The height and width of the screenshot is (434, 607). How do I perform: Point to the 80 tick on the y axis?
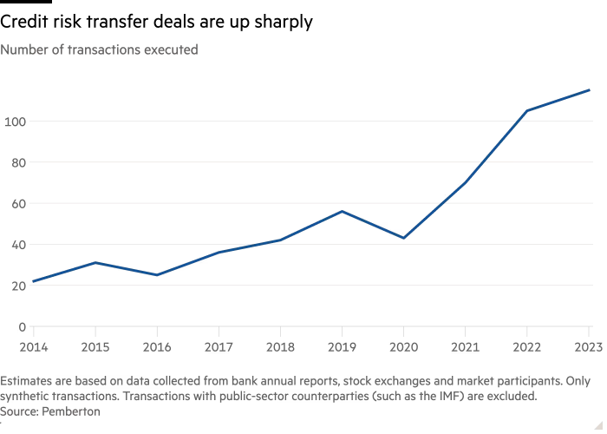(x=15, y=162)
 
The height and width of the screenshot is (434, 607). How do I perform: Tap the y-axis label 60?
(x=15, y=203)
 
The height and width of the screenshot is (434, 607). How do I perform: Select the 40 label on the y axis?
(x=15, y=245)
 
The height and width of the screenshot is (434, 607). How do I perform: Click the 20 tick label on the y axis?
(x=15, y=286)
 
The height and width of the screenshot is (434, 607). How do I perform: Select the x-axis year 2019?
(x=342, y=348)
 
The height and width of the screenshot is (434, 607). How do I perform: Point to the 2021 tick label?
(x=466, y=348)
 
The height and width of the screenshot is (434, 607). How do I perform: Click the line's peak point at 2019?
(x=343, y=211)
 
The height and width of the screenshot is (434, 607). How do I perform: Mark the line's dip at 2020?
(x=404, y=237)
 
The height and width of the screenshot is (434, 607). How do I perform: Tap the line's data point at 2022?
(x=526, y=111)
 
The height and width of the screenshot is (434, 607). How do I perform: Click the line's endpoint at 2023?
(x=590, y=89)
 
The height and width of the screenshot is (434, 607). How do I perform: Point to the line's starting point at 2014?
(x=33, y=281)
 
